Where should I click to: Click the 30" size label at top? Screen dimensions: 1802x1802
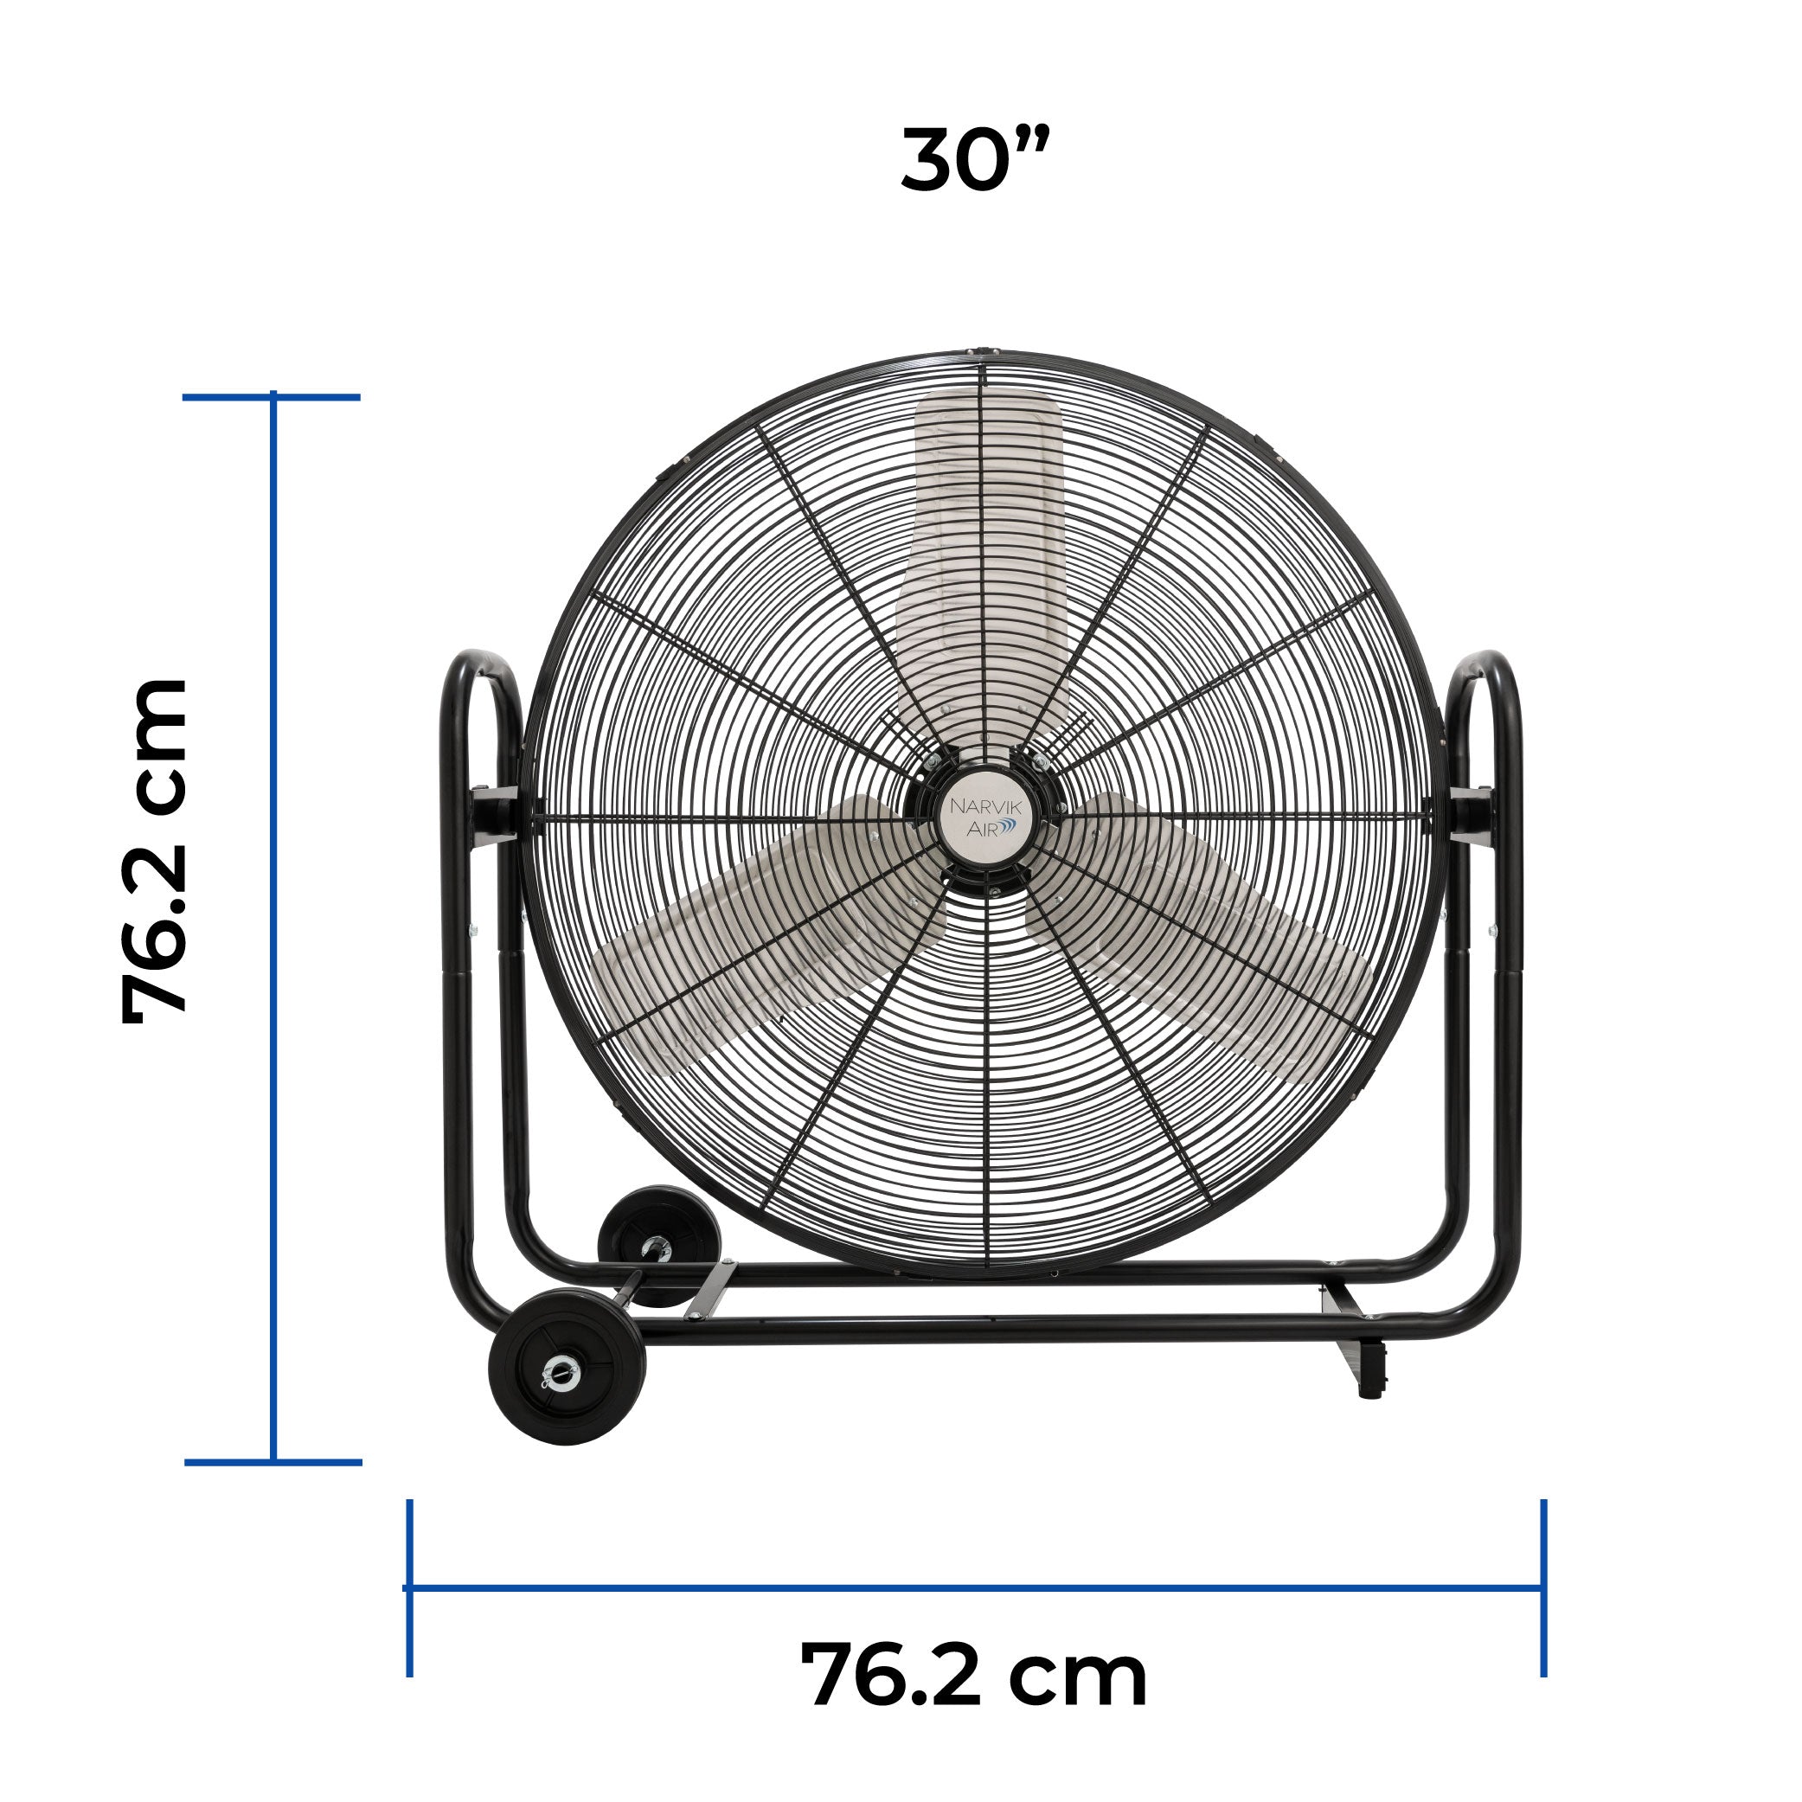976,159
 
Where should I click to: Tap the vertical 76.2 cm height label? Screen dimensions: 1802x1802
155,851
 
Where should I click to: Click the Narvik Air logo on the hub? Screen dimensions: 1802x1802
985,816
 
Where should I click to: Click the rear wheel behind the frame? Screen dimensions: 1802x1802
658,1242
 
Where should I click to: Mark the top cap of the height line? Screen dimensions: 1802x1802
272,397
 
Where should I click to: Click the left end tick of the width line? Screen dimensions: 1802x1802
409,1587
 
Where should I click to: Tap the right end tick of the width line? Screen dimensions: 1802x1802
1543,1587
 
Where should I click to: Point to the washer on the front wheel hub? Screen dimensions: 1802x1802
561,1371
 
